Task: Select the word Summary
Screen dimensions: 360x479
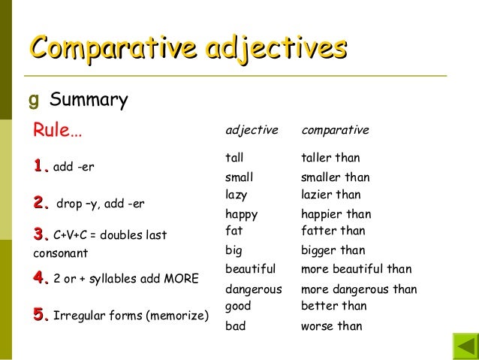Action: (x=89, y=99)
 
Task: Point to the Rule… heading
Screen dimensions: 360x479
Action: (x=57, y=131)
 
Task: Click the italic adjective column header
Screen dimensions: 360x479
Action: (x=252, y=130)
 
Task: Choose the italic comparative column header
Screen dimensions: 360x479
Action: (x=335, y=130)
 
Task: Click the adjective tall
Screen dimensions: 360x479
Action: (x=234, y=158)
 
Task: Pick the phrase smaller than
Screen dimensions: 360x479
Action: (x=335, y=178)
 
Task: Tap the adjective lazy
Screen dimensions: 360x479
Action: (x=236, y=195)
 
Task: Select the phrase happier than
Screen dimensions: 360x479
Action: (x=336, y=214)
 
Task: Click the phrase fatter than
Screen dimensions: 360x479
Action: (x=333, y=231)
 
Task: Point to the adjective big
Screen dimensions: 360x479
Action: (x=233, y=250)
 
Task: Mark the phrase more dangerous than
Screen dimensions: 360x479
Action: (x=359, y=289)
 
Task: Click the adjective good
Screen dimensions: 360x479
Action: (x=238, y=306)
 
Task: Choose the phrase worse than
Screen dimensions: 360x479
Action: (x=331, y=326)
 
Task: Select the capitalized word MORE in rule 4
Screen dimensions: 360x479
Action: (x=181, y=280)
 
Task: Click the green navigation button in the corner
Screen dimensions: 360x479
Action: (x=465, y=347)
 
